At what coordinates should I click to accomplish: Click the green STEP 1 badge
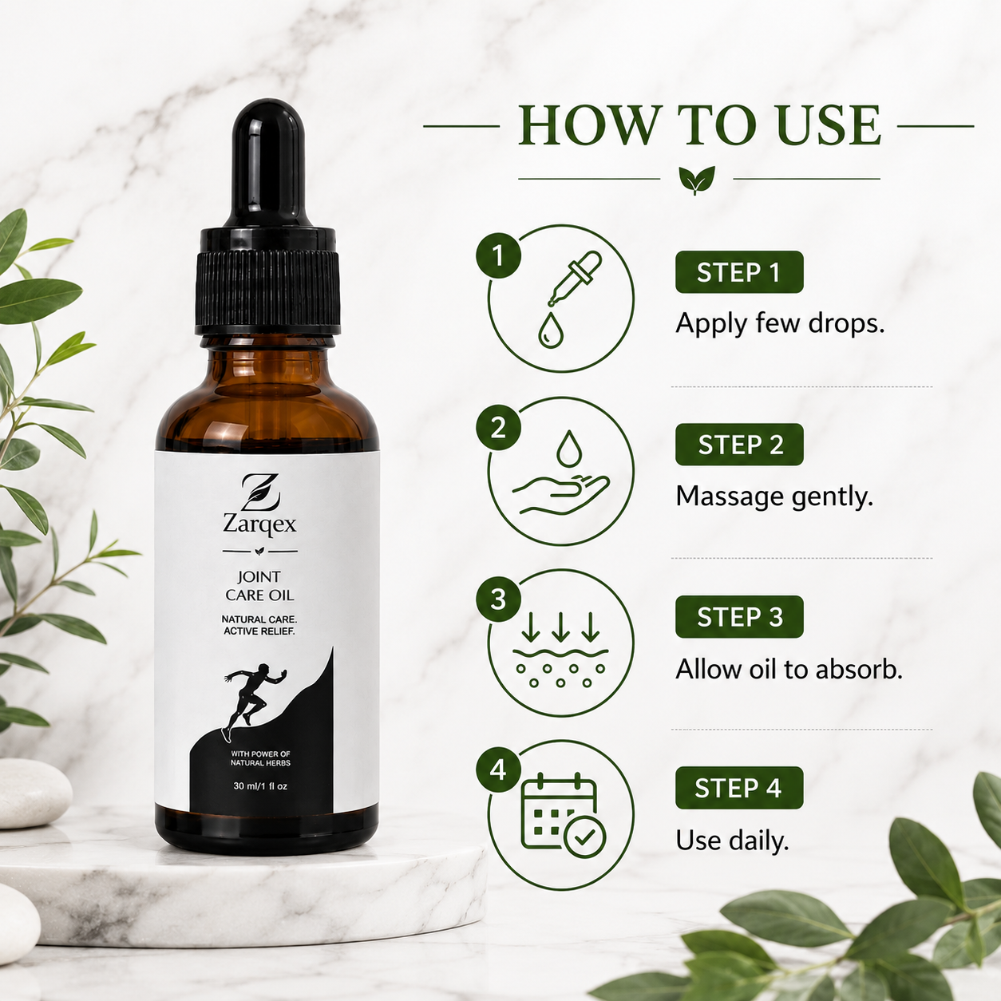click(739, 272)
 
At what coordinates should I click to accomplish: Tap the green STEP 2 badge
click(739, 445)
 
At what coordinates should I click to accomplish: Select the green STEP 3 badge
click(739, 616)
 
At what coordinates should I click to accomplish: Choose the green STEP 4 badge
click(739, 788)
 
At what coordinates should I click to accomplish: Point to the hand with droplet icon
click(561, 473)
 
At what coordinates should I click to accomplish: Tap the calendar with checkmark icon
click(563, 816)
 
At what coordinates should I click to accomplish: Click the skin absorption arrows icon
click(560, 649)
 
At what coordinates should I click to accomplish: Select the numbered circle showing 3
click(498, 599)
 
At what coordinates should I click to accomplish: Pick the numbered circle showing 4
click(498, 770)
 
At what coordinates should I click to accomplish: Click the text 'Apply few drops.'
click(780, 324)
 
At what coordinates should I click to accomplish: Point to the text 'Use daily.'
click(732, 841)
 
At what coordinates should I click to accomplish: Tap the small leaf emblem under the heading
click(697, 180)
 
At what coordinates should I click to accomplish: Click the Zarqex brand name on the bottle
click(259, 524)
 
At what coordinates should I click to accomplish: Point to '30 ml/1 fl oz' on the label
click(260, 786)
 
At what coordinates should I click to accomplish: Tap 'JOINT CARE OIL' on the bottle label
click(259, 586)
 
